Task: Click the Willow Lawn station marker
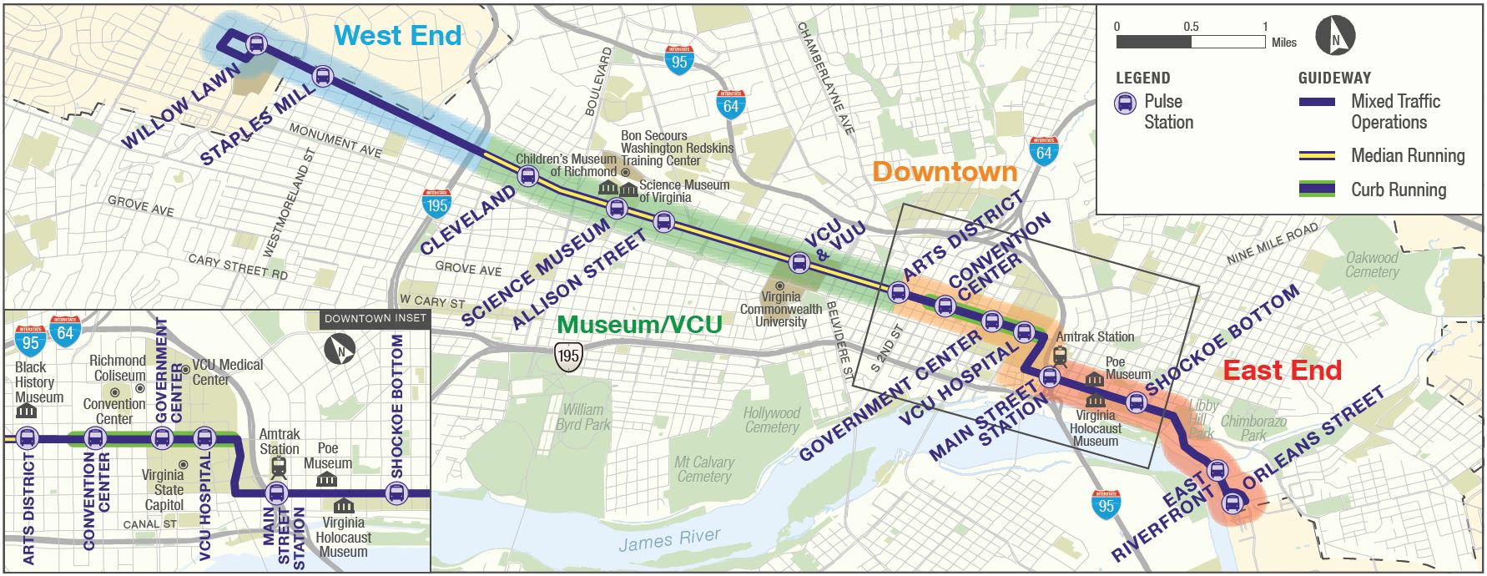[257, 44]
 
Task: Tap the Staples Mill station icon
[323, 77]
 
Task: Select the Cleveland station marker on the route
[527, 176]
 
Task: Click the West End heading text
[397, 35]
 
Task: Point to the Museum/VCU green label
[639, 325]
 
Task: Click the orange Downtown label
[945, 172]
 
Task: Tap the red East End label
[1282, 370]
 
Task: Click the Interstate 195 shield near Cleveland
[436, 204]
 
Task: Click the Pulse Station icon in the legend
[1126, 104]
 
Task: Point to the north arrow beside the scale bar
[1334, 38]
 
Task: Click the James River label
[669, 540]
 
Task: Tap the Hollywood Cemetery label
[772, 420]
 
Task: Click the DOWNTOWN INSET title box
[375, 319]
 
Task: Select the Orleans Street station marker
[1232, 503]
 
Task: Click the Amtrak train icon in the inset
[279, 467]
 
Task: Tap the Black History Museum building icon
[27, 412]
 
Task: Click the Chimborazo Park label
[1253, 428]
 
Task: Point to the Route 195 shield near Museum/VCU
[568, 356]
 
